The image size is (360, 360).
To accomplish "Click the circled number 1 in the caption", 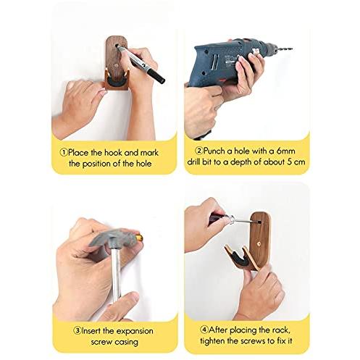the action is click(x=64, y=153).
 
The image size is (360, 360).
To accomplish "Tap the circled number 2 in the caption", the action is click(x=198, y=151).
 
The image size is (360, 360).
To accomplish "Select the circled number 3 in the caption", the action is click(x=78, y=330).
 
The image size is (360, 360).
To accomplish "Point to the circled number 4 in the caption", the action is click(x=204, y=330).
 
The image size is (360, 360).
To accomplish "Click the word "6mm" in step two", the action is click(x=286, y=151).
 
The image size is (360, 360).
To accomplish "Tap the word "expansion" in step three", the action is click(x=135, y=331).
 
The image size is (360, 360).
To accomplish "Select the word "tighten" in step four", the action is click(x=212, y=341).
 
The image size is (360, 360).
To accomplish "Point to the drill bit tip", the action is click(x=292, y=49).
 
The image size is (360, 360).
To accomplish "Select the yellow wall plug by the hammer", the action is click(x=139, y=238).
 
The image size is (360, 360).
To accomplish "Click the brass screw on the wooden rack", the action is click(x=259, y=243).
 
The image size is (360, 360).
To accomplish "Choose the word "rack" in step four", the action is click(x=280, y=330).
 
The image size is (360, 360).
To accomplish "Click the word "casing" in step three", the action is click(x=126, y=343).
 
